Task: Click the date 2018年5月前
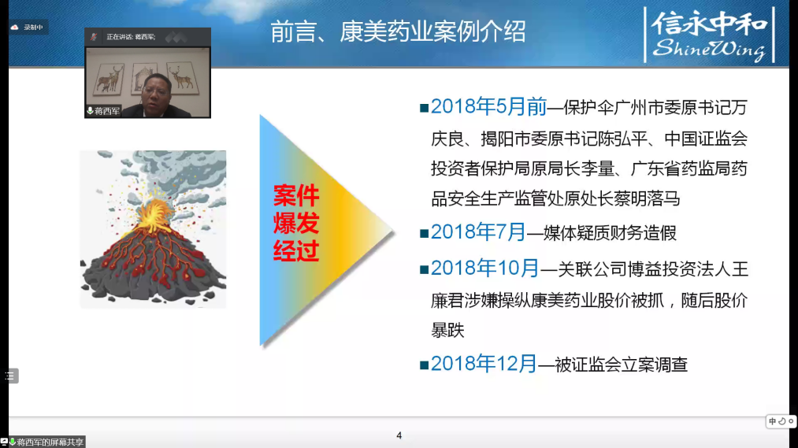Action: tap(488, 106)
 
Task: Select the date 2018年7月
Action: tap(478, 232)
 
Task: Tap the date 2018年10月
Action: tap(484, 268)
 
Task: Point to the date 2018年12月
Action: tap(484, 364)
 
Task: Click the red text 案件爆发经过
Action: tap(296, 224)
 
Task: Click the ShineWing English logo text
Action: tap(709, 49)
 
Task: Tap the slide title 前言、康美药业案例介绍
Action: tap(398, 31)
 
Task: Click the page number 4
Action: tap(399, 435)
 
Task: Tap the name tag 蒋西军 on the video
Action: tap(104, 111)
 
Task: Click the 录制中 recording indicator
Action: tap(28, 27)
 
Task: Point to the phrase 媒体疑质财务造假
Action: tap(610, 233)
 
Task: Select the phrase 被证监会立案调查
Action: tap(622, 365)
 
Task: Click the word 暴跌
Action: tap(448, 331)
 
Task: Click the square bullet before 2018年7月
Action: tap(424, 233)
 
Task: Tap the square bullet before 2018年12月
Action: tap(424, 365)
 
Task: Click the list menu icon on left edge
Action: tap(10, 376)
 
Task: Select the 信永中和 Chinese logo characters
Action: tap(710, 24)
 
